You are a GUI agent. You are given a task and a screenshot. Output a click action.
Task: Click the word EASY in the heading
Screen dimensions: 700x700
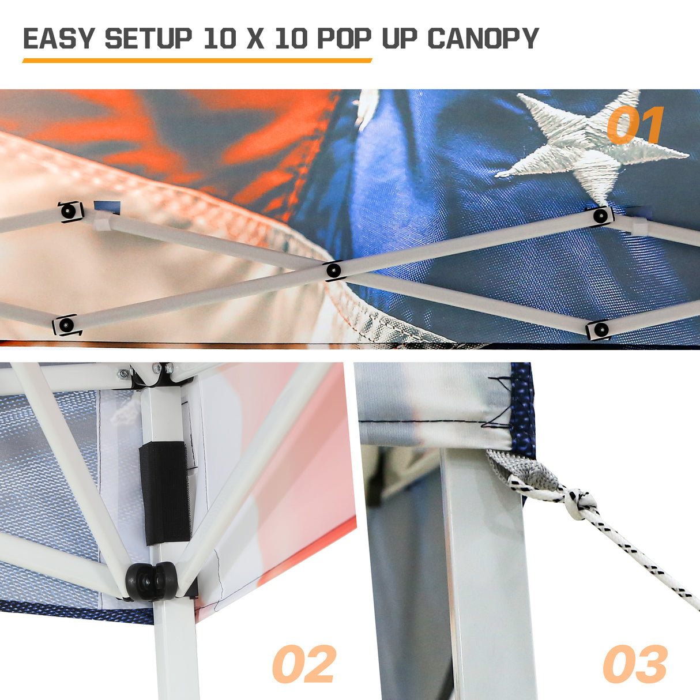(x=58, y=39)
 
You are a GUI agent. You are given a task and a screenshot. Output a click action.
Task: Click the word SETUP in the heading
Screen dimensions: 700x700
(x=148, y=39)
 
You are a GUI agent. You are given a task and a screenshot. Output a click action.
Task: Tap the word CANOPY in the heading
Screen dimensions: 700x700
(x=483, y=39)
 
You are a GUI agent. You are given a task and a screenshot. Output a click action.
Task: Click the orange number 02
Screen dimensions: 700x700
(x=304, y=664)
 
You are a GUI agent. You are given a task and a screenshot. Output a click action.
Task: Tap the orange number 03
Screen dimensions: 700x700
(x=635, y=664)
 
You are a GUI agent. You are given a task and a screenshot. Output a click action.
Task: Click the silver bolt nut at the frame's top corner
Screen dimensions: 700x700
(x=122, y=374)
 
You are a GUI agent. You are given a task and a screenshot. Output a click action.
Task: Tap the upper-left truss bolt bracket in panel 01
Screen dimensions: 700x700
(x=70, y=212)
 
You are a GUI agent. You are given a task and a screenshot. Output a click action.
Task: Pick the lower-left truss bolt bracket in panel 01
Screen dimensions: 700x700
(x=66, y=325)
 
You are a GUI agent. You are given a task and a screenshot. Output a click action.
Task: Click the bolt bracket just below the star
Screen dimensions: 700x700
(x=601, y=216)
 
